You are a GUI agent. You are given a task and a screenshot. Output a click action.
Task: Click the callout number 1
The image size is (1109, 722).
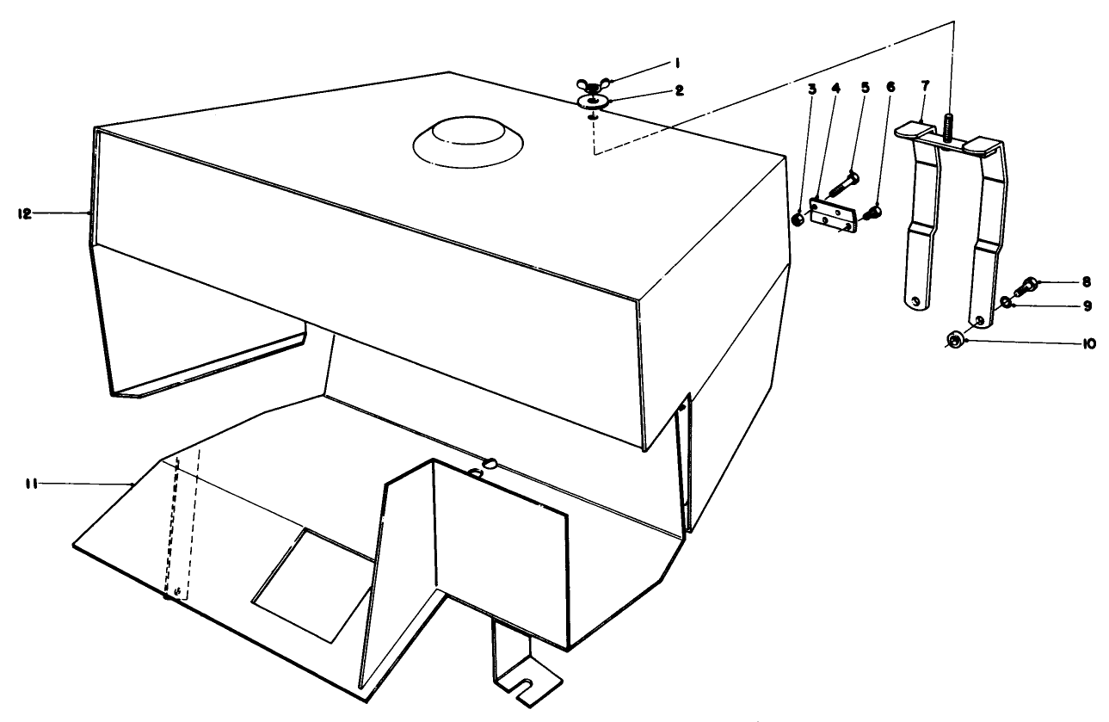pyautogui.click(x=678, y=63)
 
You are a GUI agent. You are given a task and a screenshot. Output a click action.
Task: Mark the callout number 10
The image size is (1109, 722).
pyautogui.click(x=1064, y=342)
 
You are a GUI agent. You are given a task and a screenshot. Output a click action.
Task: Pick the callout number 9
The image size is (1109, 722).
pyautogui.click(x=1063, y=305)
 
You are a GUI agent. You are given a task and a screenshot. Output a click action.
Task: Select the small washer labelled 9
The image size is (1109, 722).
pyautogui.click(x=1006, y=303)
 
